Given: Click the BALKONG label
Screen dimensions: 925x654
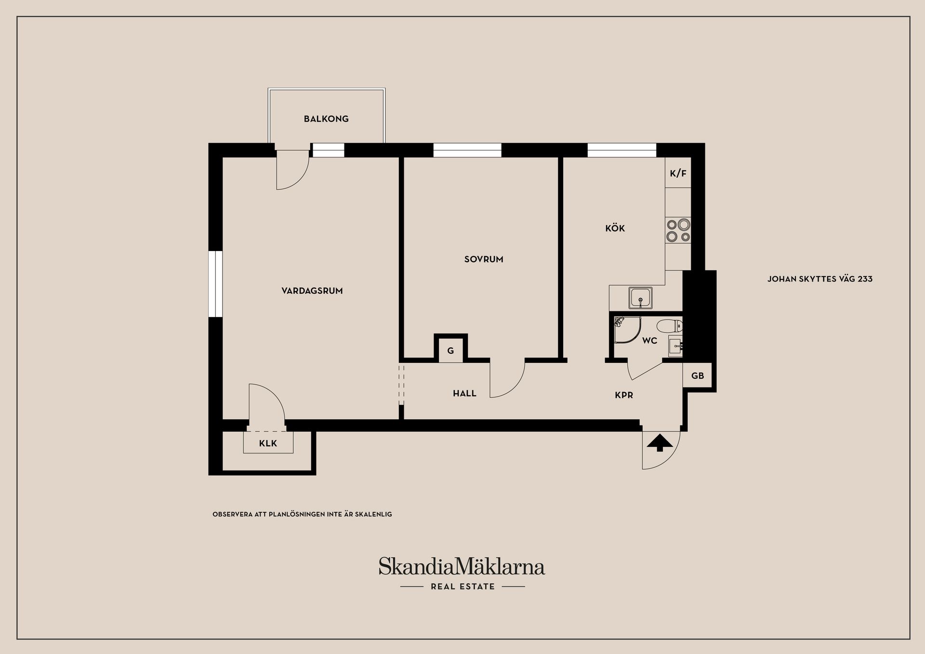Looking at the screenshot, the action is [x=326, y=119].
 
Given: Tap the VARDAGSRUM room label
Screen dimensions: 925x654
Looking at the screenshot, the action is [x=312, y=291].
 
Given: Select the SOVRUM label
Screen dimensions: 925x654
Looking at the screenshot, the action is [x=484, y=259].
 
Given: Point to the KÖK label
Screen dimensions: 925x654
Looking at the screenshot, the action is [x=615, y=228].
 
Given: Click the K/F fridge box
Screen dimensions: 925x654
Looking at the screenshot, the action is [x=678, y=173].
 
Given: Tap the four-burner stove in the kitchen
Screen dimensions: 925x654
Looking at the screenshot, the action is [x=678, y=230].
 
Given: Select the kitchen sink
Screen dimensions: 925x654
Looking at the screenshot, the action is [x=640, y=298].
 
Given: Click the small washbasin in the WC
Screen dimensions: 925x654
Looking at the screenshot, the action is [x=675, y=346].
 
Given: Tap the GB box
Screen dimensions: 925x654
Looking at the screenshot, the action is [x=697, y=375].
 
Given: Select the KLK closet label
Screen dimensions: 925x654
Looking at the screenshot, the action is [x=268, y=443].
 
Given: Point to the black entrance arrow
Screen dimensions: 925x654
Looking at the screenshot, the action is [x=660, y=443].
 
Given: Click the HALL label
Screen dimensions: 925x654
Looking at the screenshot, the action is [x=464, y=394].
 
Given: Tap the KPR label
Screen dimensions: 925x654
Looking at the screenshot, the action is [x=624, y=395].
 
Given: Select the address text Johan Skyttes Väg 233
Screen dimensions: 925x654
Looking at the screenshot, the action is [x=820, y=279].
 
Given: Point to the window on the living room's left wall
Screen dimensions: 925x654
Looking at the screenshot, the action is [x=215, y=284].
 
